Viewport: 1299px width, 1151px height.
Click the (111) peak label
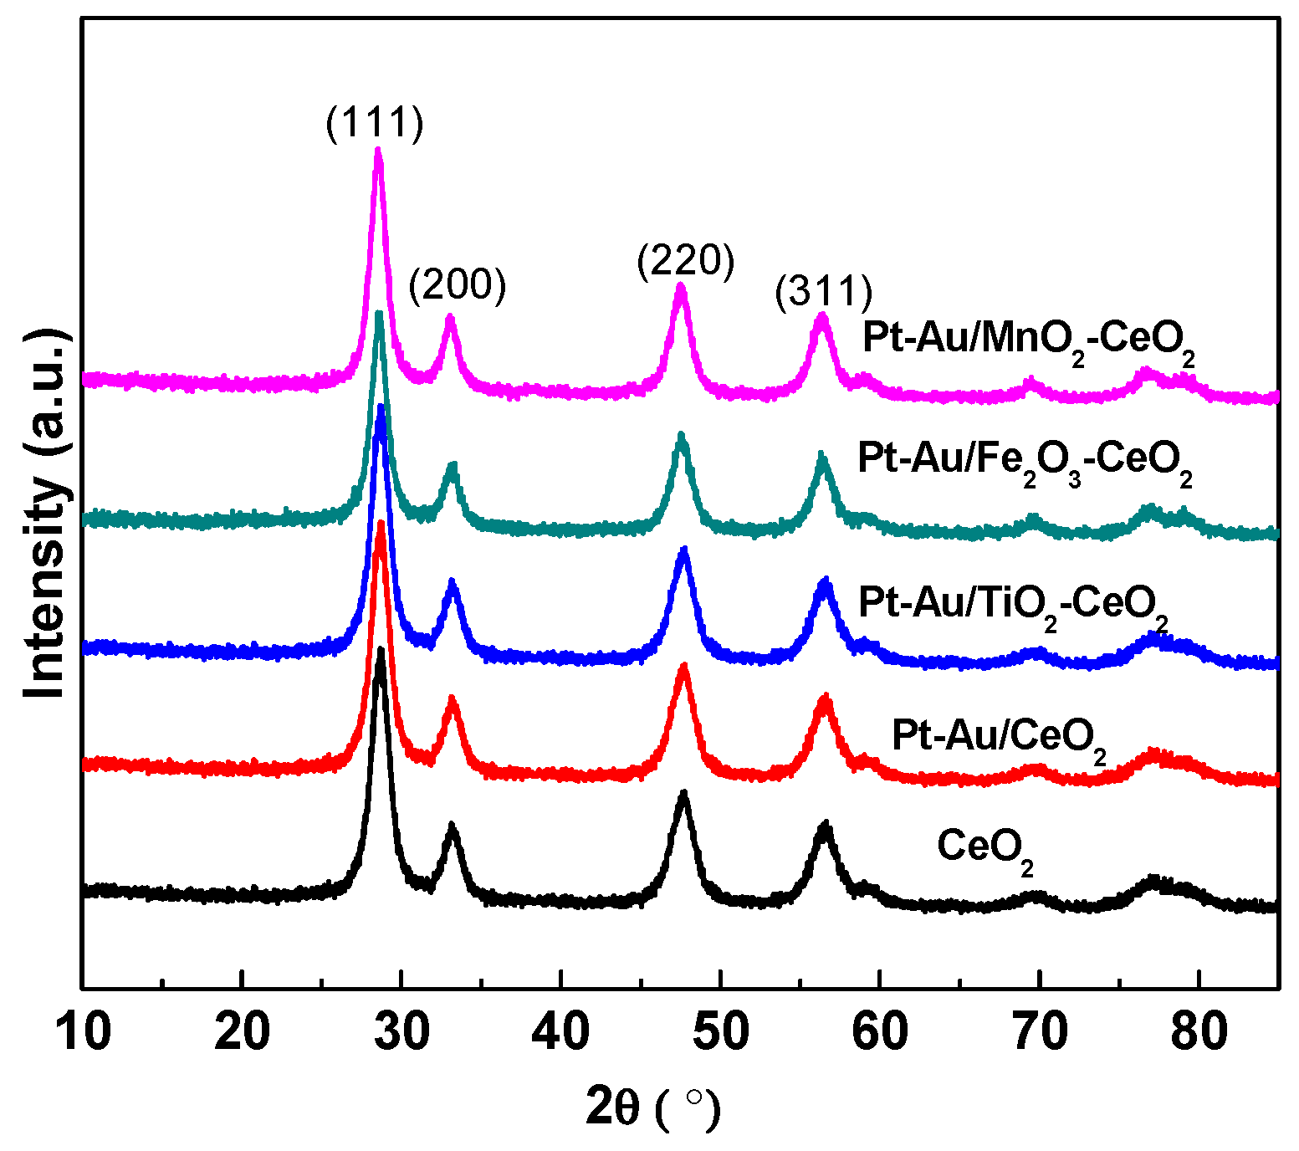pos(376,124)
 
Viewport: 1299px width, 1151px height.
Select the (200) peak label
pos(458,285)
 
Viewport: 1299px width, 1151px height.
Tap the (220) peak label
pos(685,261)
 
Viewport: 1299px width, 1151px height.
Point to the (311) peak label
pos(824,292)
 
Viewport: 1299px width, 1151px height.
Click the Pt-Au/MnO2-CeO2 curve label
pos(1028,341)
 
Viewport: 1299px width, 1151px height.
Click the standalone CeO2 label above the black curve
pos(985,848)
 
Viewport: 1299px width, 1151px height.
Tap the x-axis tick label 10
pos(84,1032)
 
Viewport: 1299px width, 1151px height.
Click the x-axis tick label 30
pos(402,1032)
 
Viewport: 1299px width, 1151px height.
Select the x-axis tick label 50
pos(721,1032)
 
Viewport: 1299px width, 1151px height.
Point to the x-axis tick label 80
pos(1199,1032)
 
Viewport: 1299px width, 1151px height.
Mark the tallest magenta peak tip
pos(378,151)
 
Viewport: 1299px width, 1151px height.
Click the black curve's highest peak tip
pos(381,651)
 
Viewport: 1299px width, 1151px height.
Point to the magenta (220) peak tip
pos(681,287)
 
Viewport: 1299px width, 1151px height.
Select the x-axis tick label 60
pos(880,1032)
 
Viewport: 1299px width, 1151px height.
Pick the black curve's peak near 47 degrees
pos(684,793)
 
